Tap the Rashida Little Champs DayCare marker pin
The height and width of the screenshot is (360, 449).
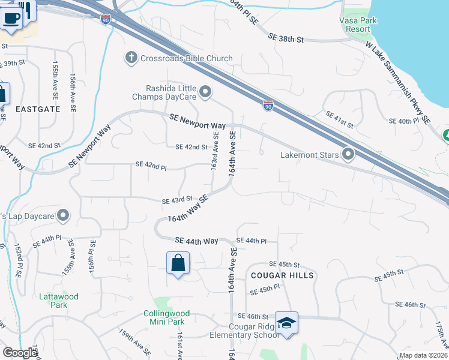click(x=206, y=92)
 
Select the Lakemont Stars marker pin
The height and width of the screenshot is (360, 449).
click(x=348, y=155)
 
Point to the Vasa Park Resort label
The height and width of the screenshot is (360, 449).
click(x=354, y=23)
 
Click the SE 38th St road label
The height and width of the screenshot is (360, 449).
click(x=288, y=38)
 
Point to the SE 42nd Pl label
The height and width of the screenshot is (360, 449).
click(x=151, y=164)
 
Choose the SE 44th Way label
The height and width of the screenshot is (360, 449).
click(x=196, y=241)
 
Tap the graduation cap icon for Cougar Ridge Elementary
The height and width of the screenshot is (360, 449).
click(x=286, y=323)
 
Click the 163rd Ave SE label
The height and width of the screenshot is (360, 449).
click(x=214, y=155)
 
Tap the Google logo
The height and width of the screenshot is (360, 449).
click(x=20, y=353)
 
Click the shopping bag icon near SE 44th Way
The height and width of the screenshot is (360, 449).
click(x=178, y=263)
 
